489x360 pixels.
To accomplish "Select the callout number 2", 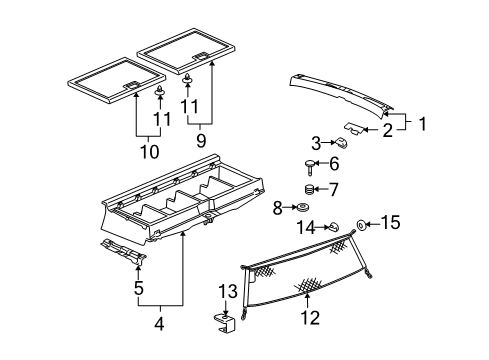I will click(x=386, y=130).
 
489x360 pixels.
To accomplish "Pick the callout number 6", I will click(x=335, y=165).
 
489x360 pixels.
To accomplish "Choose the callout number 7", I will click(x=335, y=188).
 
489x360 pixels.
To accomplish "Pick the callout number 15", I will click(x=390, y=223).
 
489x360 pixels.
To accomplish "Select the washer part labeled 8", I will click(x=298, y=208).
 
